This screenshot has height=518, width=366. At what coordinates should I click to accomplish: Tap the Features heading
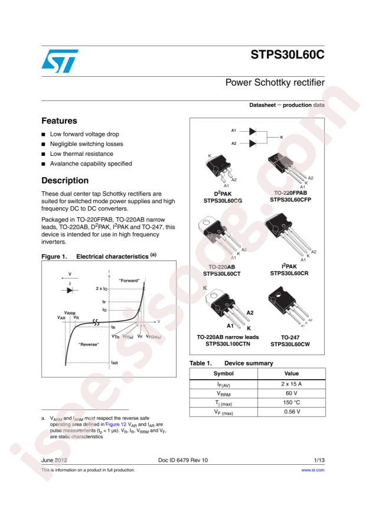click(59, 120)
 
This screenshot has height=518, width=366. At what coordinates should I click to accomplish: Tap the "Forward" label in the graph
click(129, 279)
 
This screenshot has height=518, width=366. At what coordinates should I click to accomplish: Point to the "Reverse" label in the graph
click(89, 343)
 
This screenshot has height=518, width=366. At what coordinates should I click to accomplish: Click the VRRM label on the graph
click(71, 312)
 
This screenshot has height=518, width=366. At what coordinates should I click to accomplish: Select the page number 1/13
click(319, 459)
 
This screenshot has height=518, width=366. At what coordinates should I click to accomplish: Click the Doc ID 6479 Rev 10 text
click(183, 459)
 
